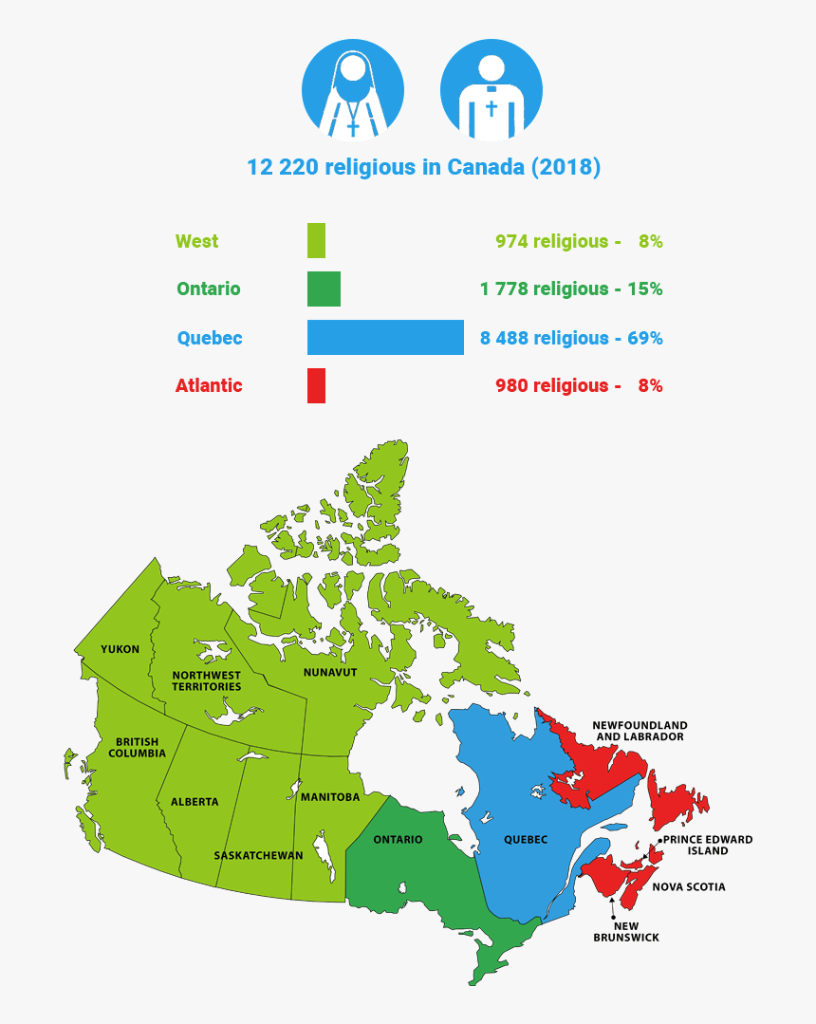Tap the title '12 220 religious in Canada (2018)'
423,167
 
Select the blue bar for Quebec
385,338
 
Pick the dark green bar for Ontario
324,289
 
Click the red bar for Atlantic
316,385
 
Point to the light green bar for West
316,241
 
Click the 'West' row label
197,241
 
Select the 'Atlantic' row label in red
209,385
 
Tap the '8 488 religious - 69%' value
571,338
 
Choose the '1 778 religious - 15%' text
571,289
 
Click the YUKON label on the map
120,649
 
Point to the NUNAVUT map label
330,672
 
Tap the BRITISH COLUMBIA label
138,747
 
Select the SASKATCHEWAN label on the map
258,855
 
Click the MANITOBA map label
330,797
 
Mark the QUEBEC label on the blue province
526,839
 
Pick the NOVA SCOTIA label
689,886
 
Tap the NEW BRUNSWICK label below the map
626,931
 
